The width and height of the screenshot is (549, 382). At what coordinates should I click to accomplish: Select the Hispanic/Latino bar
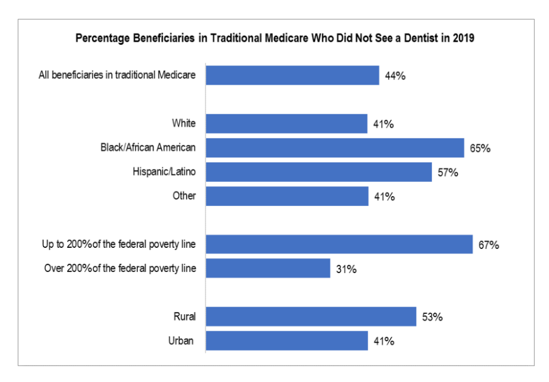(319, 172)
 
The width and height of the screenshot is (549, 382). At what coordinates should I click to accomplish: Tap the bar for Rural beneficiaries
(311, 317)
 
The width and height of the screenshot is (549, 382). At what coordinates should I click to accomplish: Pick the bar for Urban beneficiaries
(287, 341)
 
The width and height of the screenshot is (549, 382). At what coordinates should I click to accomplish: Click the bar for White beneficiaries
(286, 124)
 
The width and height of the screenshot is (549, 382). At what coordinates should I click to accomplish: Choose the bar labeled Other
(287, 196)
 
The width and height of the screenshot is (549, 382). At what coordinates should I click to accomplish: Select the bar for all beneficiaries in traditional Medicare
(292, 75)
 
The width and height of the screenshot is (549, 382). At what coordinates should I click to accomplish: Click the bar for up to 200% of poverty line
(339, 244)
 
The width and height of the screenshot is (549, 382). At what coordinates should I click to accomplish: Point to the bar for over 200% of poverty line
(268, 268)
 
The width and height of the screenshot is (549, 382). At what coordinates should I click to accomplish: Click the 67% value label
(488, 245)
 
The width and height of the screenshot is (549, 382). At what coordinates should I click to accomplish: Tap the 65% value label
(480, 148)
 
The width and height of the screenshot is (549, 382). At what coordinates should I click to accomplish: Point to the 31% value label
(346, 269)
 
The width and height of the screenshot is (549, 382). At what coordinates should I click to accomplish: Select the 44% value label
(395, 76)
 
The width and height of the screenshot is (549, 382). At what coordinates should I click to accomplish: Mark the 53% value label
(432, 317)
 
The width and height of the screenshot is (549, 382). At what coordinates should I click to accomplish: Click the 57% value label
(448, 172)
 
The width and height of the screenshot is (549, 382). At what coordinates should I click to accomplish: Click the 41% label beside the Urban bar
(383, 341)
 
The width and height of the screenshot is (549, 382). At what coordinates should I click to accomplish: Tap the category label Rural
(184, 317)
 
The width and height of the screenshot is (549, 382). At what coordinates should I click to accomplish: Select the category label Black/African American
(148, 148)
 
